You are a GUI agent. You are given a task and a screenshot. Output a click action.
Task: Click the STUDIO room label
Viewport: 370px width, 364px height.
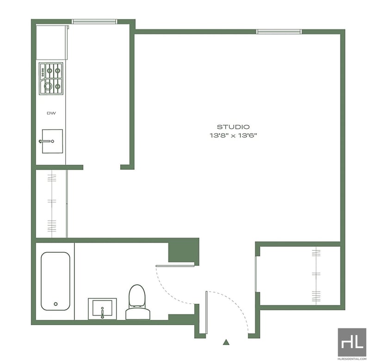[x=233, y=127]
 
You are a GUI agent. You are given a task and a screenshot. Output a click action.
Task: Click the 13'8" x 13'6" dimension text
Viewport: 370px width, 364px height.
[x=233, y=135]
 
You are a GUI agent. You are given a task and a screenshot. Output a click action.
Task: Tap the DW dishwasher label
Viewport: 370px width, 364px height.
[x=51, y=113]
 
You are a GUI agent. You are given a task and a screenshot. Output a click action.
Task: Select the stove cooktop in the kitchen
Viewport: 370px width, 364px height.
[x=51, y=79]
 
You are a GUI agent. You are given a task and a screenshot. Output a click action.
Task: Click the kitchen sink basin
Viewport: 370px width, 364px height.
[x=52, y=141]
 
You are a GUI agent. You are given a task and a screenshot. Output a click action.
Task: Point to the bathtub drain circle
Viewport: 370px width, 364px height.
[x=55, y=304]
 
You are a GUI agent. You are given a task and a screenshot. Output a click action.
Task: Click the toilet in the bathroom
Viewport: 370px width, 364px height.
[x=138, y=302]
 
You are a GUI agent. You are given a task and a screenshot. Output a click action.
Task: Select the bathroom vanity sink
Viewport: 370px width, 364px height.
[x=102, y=309]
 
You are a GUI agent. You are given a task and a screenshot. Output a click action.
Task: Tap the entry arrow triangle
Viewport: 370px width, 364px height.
[x=226, y=342]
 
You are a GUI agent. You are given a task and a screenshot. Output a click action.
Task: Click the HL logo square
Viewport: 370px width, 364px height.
[x=352, y=342]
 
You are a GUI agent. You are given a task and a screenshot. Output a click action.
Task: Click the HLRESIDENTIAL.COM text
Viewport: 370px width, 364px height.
[x=352, y=359]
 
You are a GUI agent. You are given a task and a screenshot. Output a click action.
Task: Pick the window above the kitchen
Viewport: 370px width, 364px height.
[x=94, y=21]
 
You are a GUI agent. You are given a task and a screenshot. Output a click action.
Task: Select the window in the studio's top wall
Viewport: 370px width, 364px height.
[x=279, y=32]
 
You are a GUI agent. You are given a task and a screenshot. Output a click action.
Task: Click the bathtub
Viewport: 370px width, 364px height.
[x=55, y=281]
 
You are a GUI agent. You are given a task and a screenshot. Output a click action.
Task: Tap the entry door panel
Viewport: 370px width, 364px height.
[x=206, y=312]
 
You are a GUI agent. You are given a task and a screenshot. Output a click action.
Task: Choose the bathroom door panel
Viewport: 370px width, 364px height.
[x=175, y=266]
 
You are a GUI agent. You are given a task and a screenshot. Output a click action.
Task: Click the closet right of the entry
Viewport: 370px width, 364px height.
[x=300, y=276]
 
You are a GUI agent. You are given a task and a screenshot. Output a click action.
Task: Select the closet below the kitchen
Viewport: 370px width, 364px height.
[x=51, y=204]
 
